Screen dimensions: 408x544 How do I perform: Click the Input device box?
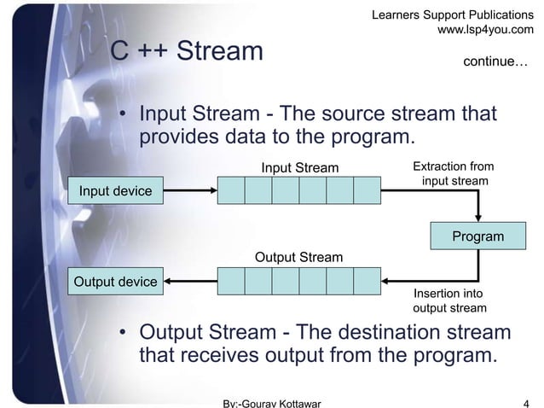115,190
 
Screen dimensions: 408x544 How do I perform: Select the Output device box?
116,281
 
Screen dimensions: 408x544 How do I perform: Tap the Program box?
477,236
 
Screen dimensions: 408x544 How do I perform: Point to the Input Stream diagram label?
299,166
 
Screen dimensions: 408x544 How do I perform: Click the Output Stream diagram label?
299,257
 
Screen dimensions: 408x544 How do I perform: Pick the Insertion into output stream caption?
449,300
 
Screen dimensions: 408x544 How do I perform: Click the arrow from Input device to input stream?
188,190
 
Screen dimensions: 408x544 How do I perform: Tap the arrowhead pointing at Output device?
171,281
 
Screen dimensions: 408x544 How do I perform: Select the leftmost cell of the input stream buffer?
231,190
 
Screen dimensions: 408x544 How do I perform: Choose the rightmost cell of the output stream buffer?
367,281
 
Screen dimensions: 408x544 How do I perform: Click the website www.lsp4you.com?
485,30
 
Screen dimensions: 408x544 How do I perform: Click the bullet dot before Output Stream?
124,332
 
